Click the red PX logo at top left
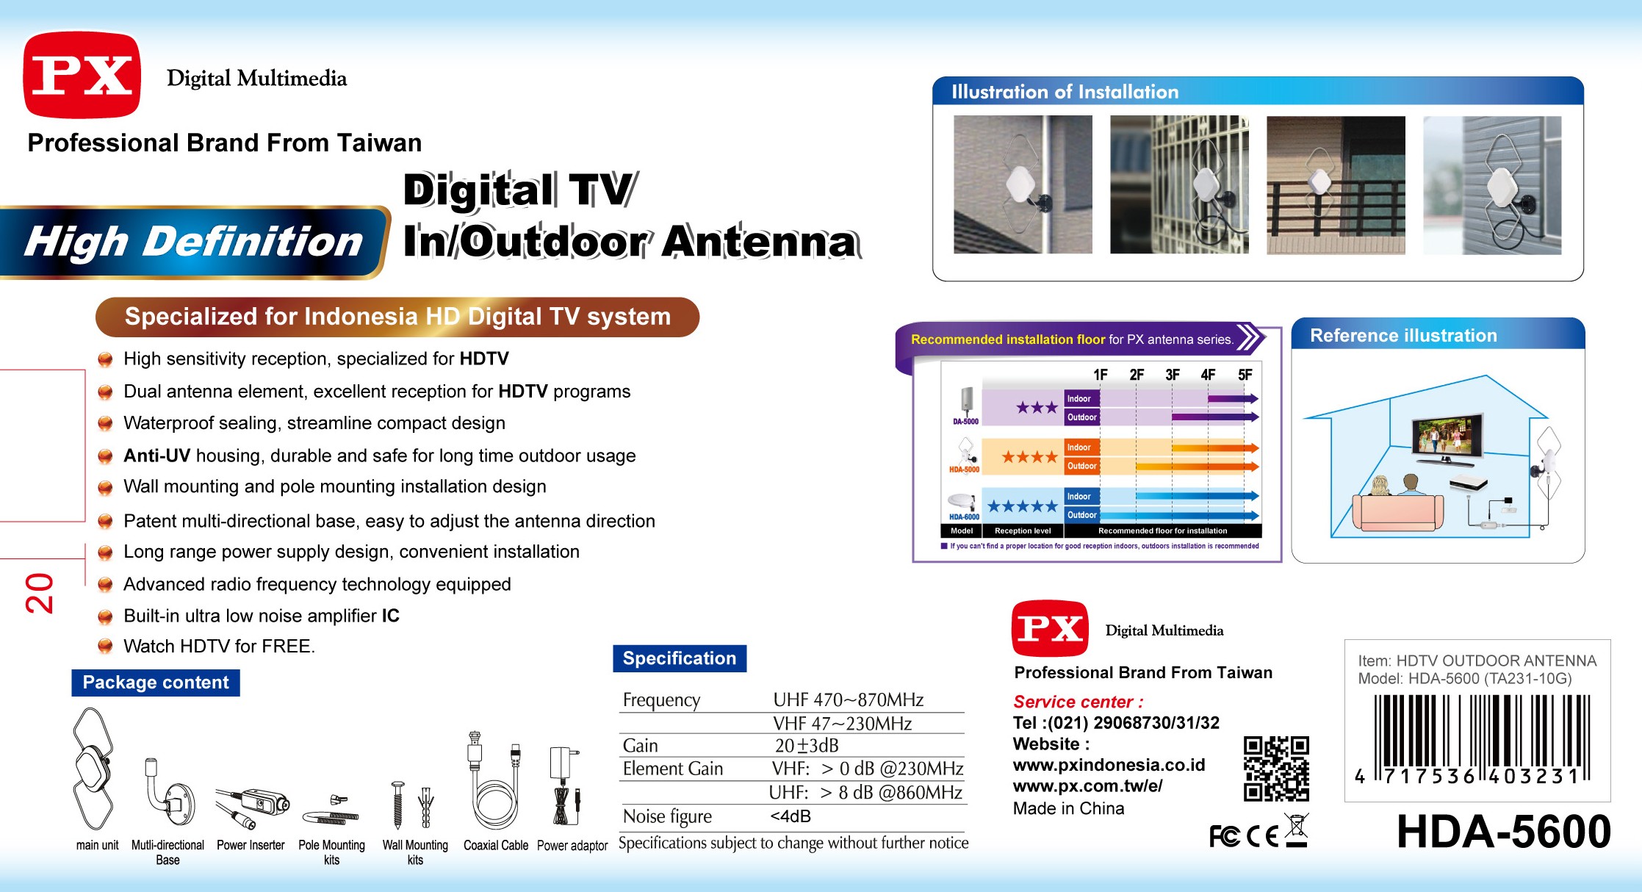[82, 75]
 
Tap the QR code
[1276, 769]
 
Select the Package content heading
[156, 683]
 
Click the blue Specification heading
[680, 658]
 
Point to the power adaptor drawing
[564, 785]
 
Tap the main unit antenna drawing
[93, 769]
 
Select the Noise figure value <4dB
[791, 816]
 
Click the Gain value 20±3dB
[807, 746]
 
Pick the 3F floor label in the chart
[1173, 375]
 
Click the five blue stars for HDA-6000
[1022, 506]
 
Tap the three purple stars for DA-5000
[1037, 407]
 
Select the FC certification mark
[1225, 836]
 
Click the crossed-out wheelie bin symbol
[1297, 830]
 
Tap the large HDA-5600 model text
[1503, 832]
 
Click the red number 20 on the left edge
[40, 593]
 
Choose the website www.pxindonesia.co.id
[1109, 765]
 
